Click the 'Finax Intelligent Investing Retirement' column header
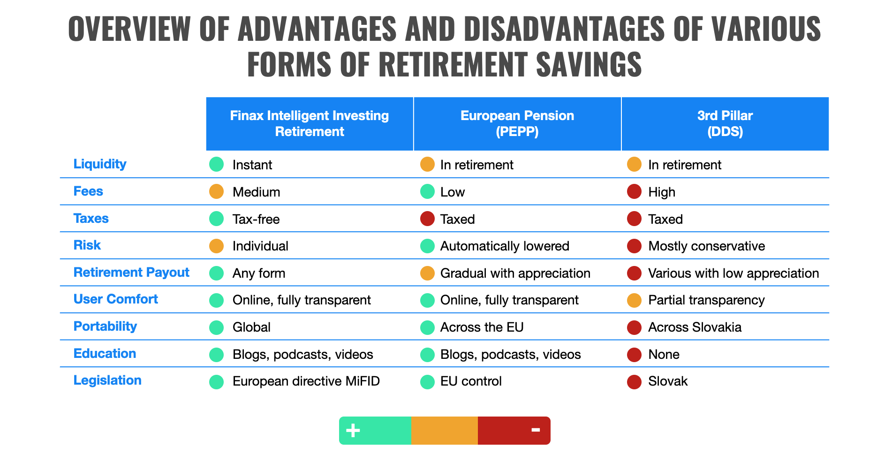coord(310,124)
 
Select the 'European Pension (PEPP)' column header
coord(517,124)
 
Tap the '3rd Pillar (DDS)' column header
coord(725,124)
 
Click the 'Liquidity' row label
coord(100,164)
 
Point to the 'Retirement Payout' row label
coord(131,273)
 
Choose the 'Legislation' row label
coord(107,380)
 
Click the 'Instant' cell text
coord(252,165)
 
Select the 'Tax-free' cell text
coord(256,220)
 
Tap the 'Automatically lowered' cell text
coord(505,246)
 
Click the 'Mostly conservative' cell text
coord(706,246)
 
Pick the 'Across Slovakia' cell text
coord(695,327)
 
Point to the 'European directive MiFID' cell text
coord(306,381)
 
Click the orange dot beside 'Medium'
coord(216,192)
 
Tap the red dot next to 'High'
coord(634,192)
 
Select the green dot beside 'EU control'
coord(427,382)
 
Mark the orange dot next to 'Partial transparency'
coord(634,300)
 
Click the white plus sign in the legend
coord(353,431)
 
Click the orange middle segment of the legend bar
coord(445,431)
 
